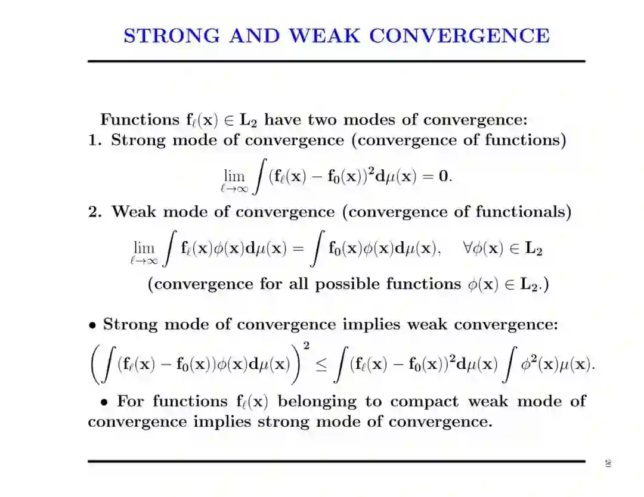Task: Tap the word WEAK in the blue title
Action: (x=325, y=35)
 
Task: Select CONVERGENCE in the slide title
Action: (x=459, y=35)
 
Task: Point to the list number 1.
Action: (x=95, y=141)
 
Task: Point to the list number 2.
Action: (x=95, y=212)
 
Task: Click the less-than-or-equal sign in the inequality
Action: (x=321, y=364)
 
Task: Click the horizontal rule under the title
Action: (x=336, y=61)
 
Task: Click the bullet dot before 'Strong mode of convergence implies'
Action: (x=92, y=326)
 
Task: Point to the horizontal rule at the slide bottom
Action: (x=336, y=461)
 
